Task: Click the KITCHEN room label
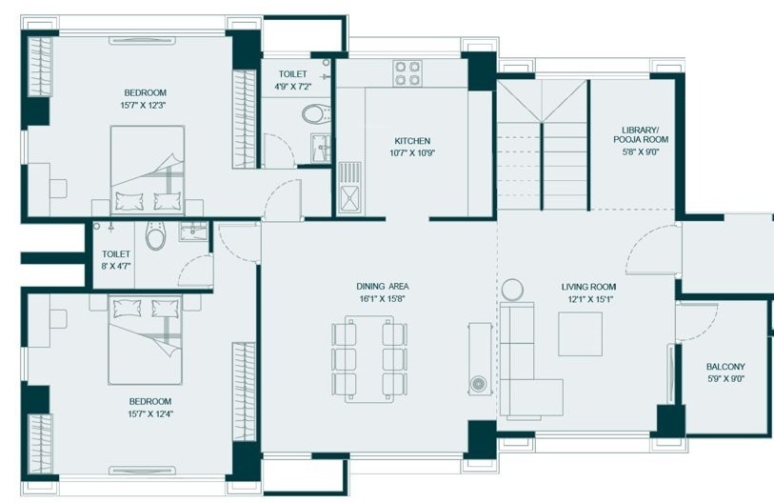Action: [x=412, y=141]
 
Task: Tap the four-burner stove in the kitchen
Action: [x=407, y=73]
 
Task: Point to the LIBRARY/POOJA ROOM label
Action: [x=641, y=134]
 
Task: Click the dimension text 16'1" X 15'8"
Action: [x=383, y=298]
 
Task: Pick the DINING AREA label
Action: [x=383, y=286]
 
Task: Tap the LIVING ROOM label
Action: [x=588, y=287]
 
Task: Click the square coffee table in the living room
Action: [x=580, y=334]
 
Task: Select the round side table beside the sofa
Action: [x=512, y=290]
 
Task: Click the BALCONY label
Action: [x=725, y=367]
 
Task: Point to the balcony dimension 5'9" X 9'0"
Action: [x=725, y=379]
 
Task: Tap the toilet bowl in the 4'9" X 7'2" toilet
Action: [x=316, y=114]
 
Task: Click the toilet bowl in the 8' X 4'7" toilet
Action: [x=155, y=235]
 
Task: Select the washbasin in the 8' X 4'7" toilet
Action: [x=193, y=231]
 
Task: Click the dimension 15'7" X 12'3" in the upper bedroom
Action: [x=145, y=105]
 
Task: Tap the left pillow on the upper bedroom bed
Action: [x=129, y=201]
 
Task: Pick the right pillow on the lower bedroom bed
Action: [x=166, y=309]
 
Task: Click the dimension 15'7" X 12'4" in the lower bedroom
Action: [x=150, y=414]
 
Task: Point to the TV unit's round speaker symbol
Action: [x=478, y=383]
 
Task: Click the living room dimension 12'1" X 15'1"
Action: [x=589, y=299]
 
